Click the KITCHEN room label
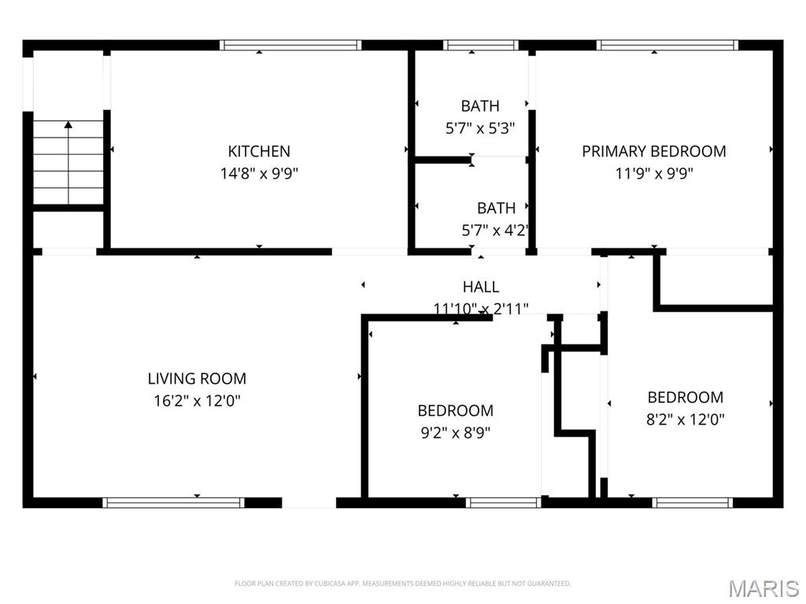(x=259, y=151)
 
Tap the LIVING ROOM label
(x=197, y=378)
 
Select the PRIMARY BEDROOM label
(x=654, y=151)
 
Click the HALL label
(x=481, y=286)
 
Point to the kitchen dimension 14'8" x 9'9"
(x=259, y=174)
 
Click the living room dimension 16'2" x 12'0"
(x=197, y=400)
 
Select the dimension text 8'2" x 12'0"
(x=686, y=420)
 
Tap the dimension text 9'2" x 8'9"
(x=456, y=433)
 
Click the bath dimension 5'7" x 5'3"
(x=480, y=128)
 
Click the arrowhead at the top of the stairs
(x=68, y=124)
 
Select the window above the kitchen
(x=290, y=45)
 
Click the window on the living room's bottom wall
(x=173, y=503)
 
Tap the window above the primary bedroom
(x=667, y=45)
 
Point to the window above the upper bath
(x=481, y=45)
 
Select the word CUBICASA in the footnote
(x=330, y=584)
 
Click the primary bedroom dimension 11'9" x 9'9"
(x=654, y=174)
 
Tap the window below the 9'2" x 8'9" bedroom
(x=504, y=503)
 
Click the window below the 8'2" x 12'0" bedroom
(x=693, y=503)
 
